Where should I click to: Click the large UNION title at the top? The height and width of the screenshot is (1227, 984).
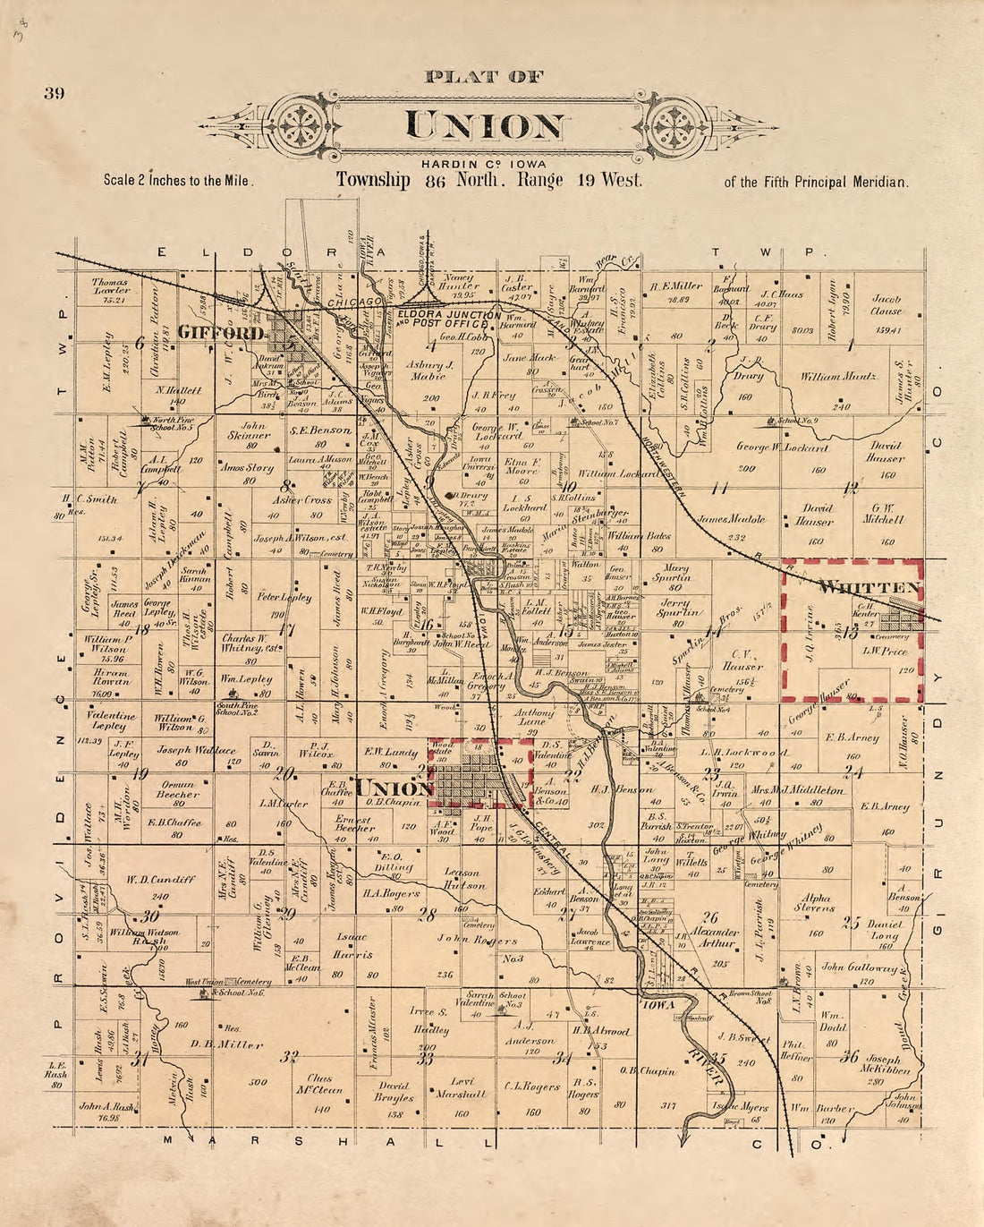click(486, 125)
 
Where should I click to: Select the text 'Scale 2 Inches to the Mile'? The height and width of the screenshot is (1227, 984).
click(179, 180)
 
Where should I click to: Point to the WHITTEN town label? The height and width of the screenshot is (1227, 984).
click(869, 587)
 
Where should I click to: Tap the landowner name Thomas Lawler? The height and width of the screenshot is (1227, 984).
click(111, 285)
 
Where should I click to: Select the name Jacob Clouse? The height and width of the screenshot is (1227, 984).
click(886, 305)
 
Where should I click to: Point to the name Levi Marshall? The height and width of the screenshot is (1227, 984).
click(461, 1087)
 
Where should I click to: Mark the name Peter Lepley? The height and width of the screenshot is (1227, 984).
click(284, 597)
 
